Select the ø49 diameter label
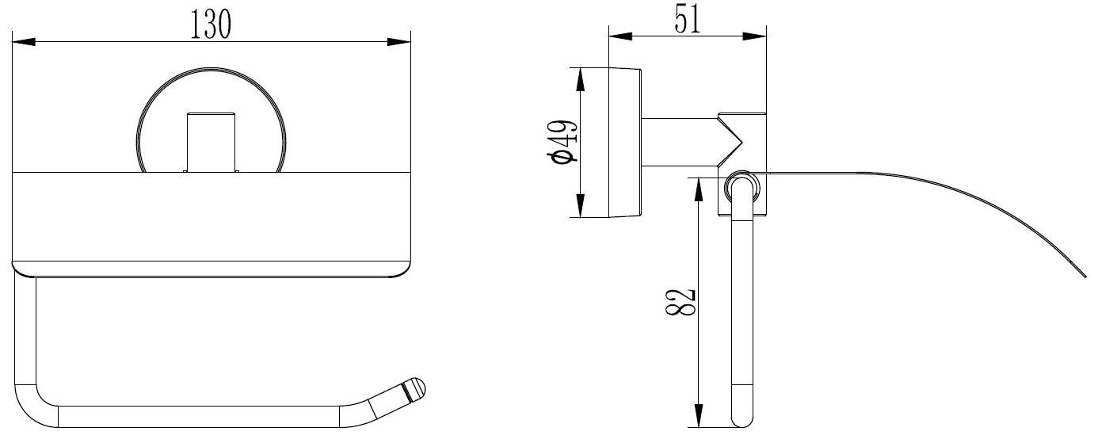(x=562, y=142)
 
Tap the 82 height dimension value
(x=680, y=302)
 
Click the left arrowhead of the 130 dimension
(x=24, y=42)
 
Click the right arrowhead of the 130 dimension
(x=398, y=42)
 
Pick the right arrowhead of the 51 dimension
(x=755, y=36)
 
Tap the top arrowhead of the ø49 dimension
(x=580, y=79)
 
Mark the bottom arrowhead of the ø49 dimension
(x=580, y=205)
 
